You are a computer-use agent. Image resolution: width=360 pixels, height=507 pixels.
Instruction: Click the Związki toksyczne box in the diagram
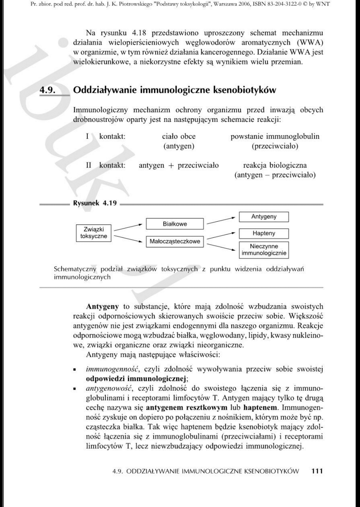(94, 233)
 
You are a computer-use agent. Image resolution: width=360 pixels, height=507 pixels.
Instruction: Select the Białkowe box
(175, 224)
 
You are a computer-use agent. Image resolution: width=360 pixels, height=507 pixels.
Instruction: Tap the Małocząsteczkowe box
(175, 242)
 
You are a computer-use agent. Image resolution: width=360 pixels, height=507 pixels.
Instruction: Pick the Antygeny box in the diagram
(264, 217)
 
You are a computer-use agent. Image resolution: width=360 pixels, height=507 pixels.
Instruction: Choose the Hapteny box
(264, 233)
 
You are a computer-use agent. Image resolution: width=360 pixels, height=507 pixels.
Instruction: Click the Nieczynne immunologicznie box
(264, 250)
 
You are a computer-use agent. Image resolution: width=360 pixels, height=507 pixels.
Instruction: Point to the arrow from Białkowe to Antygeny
(222, 220)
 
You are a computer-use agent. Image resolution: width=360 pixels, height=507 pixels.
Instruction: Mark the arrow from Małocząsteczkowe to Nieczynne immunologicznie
(222, 246)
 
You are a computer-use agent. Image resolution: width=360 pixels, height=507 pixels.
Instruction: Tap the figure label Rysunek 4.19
(95, 204)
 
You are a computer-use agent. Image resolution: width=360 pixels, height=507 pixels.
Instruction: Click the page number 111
(317, 471)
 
